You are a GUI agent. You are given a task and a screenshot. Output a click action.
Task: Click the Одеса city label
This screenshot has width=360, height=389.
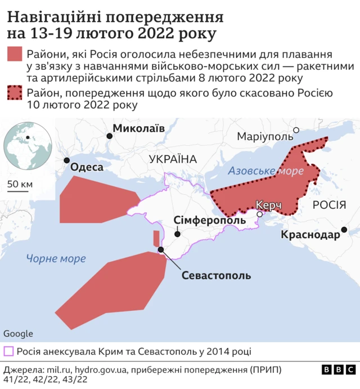[x=87, y=167]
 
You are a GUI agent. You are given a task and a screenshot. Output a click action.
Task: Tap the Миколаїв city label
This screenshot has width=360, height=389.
[x=139, y=129]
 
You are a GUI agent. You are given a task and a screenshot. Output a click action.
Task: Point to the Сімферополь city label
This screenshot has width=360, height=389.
[x=209, y=220]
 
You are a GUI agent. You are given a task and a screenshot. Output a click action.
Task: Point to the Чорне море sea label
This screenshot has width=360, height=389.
[x=56, y=258]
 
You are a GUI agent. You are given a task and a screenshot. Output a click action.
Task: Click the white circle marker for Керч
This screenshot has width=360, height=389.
[x=260, y=214]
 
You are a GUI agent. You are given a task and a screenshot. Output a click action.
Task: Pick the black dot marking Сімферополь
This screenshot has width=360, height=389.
[x=178, y=234]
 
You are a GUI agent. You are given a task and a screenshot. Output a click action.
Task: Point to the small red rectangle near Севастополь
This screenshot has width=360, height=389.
[x=156, y=239]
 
